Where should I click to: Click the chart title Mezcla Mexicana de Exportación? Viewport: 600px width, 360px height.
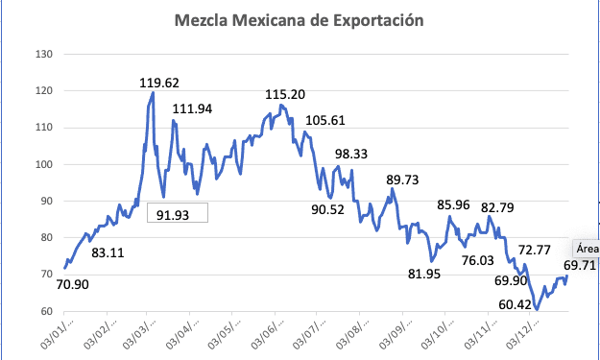300,19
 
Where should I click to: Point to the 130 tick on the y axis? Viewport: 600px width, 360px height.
43,54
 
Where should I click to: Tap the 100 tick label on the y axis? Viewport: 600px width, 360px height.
43,164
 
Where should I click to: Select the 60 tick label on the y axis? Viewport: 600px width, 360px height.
45,311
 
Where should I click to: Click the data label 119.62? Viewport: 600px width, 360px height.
159,83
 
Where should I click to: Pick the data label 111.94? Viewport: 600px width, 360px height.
191,109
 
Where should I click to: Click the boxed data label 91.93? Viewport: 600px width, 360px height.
177,215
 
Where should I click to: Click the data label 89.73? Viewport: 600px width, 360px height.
403,180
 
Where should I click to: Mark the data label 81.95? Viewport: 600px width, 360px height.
428,274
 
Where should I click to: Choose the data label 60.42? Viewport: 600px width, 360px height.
519,304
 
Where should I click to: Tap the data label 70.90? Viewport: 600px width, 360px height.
73,283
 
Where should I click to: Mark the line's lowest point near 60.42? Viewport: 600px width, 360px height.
537,309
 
